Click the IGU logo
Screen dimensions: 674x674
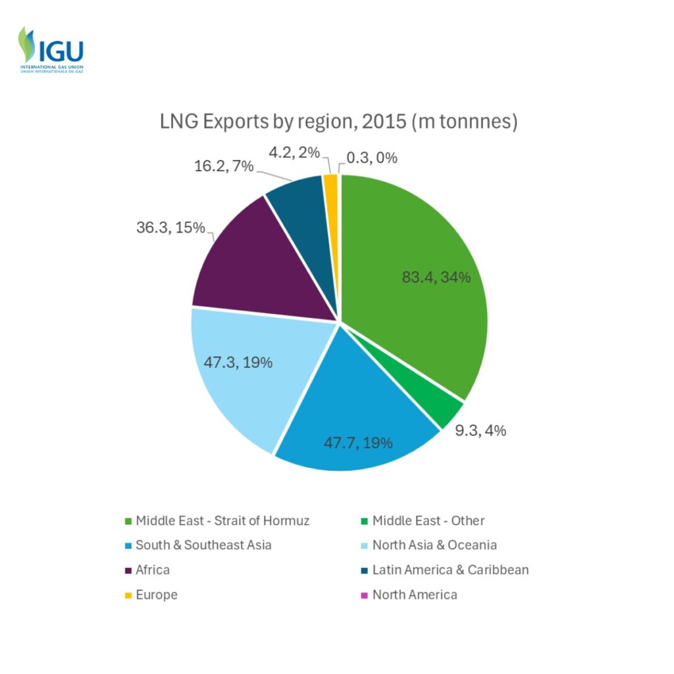tap(51, 49)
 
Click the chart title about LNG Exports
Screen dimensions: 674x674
tap(338, 122)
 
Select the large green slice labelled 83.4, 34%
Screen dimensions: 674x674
tap(421, 276)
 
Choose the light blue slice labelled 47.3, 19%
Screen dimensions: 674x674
tap(250, 369)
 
